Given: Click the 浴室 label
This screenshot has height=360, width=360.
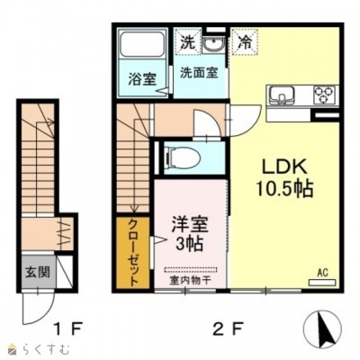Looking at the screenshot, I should [x=142, y=77].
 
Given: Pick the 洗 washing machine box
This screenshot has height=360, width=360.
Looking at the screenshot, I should [x=186, y=41].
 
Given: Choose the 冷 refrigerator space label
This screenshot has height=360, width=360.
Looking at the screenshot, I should [x=244, y=41].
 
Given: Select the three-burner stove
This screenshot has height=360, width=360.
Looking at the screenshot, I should [x=323, y=94].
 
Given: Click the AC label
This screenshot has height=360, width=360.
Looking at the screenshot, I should [x=321, y=269].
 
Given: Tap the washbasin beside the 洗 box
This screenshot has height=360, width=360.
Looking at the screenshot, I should [x=214, y=43].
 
